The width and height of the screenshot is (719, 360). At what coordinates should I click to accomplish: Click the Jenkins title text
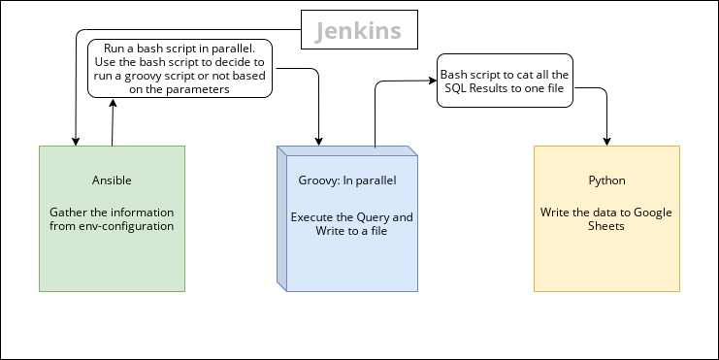[358, 31]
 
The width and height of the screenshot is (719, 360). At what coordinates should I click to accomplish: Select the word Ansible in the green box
[112, 180]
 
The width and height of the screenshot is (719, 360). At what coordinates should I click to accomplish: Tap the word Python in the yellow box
[606, 180]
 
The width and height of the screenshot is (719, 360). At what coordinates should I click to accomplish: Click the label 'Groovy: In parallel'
[347, 180]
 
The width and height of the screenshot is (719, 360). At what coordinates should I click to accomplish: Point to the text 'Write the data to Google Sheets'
[606, 218]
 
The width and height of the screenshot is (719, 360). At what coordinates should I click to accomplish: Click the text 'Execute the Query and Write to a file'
[351, 223]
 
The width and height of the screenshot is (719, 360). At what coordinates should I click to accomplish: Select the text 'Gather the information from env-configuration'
[112, 218]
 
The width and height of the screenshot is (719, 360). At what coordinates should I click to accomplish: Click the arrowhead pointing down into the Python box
[607, 141]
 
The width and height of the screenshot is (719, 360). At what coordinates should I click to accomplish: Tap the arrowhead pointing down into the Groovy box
[318, 141]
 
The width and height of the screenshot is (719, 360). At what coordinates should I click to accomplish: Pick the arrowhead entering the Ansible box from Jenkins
[75, 141]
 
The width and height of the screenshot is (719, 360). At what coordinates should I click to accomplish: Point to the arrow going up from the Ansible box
[113, 121]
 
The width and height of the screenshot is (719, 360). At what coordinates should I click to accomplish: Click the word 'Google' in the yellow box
[653, 212]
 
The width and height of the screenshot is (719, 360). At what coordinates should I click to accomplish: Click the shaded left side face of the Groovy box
[283, 218]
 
